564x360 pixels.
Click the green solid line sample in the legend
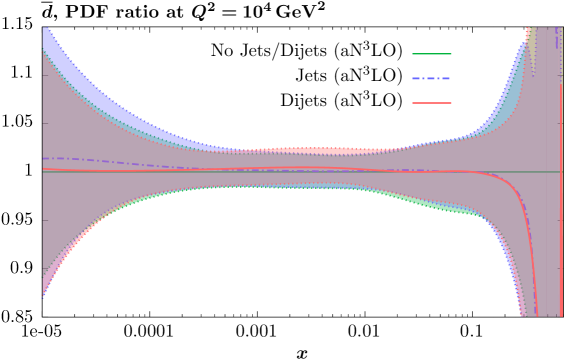431,54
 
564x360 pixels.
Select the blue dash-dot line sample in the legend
431,78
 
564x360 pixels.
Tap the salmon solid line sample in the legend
431,103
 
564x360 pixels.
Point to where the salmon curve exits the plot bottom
537,315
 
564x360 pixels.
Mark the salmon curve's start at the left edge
43,169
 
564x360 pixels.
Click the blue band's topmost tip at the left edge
44,29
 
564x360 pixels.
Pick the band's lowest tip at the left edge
43,297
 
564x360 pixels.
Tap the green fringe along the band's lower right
440,208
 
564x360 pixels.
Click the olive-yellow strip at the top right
532,45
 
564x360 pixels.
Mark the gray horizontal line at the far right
550,172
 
